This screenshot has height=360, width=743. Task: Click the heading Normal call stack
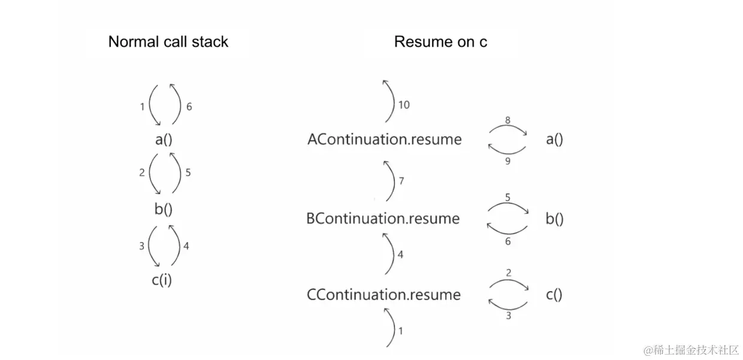pos(168,42)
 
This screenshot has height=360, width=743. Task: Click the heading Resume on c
pos(440,42)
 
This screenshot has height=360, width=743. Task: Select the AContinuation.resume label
pos(384,140)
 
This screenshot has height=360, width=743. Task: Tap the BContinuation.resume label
pos(383,219)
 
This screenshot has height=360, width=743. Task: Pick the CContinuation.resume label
pos(383,295)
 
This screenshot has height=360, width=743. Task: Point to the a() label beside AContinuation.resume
pos(554,140)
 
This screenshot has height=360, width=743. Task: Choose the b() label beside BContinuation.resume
pos(554,219)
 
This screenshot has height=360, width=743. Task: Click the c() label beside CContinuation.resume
pos(554,295)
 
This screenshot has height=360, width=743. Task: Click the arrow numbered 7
pos(390,181)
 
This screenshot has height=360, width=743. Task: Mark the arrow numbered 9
pos(507,150)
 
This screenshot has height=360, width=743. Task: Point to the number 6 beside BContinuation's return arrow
pos(508,241)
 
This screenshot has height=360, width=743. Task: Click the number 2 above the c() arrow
pos(509,273)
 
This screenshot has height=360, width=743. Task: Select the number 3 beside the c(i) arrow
pos(142,246)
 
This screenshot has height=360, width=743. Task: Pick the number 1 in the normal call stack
pos(142,107)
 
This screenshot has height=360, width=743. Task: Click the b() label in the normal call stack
pos(162,209)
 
